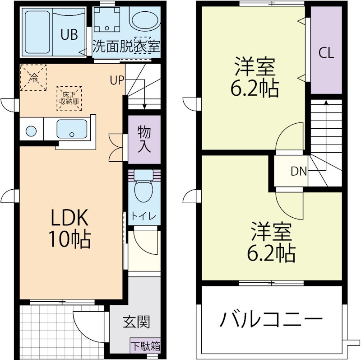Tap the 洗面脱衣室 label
tap(127, 47)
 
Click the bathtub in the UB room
tap(37, 33)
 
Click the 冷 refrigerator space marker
tap(33, 77)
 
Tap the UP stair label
tap(116, 80)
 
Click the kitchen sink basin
tap(72, 130)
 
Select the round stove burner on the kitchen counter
tap(31, 131)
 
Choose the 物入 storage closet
tap(144, 140)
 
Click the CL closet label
tap(326, 53)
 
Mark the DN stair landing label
tap(298, 171)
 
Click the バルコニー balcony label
tap(271, 320)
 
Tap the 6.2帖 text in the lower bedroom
tap(271, 252)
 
